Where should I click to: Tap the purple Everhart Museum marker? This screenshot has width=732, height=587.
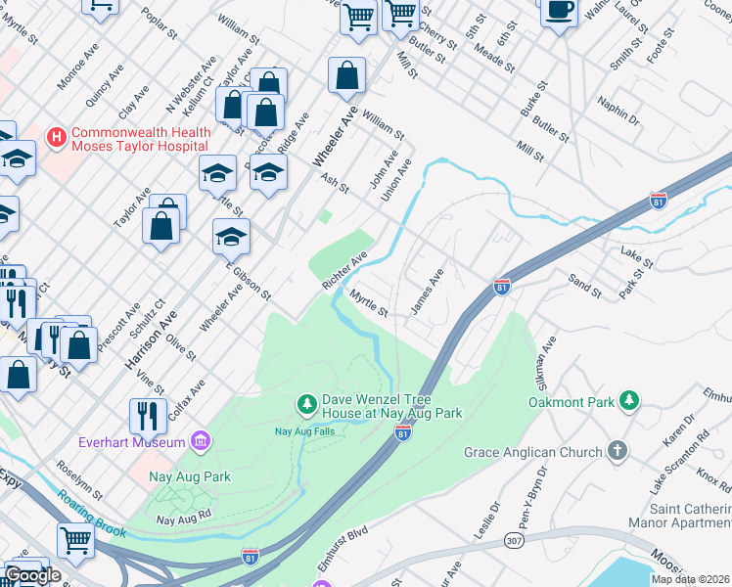[x=201, y=442]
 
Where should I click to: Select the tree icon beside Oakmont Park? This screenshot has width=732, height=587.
[x=630, y=401]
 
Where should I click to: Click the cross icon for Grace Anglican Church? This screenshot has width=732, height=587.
[x=617, y=452]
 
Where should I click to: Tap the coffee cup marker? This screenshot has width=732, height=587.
[x=559, y=12]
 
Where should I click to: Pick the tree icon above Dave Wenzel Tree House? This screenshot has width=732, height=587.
[x=306, y=403]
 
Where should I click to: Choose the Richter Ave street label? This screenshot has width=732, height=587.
[x=344, y=270]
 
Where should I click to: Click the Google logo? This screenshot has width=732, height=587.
[x=31, y=575]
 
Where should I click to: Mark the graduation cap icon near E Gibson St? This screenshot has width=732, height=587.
[x=231, y=237]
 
